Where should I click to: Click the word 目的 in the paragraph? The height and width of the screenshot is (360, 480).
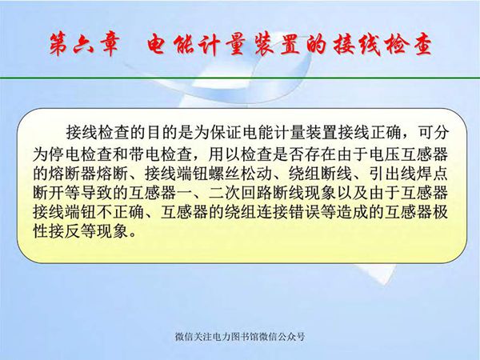point(160,131)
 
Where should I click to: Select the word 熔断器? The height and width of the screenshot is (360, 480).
point(74,173)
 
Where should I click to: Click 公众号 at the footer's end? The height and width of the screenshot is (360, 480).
point(291,337)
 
